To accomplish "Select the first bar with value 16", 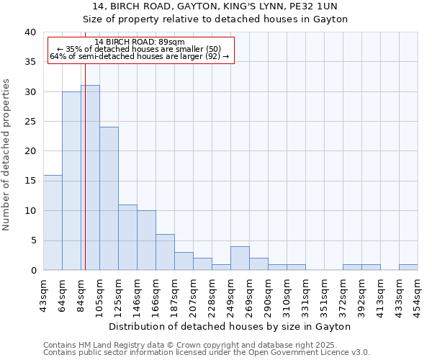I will coord(53,222).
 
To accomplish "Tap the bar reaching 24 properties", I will coord(109,199).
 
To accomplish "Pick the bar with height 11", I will coord(127,238).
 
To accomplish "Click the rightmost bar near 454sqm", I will coord(408,267).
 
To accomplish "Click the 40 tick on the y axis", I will coord(30,32).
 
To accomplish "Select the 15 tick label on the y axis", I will coord(30,181).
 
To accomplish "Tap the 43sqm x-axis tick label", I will coord(43,293).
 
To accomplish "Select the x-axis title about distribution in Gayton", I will coord(230,326).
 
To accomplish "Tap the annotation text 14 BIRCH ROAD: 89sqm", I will coord(140,42).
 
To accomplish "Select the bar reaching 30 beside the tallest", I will coord(71,181).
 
